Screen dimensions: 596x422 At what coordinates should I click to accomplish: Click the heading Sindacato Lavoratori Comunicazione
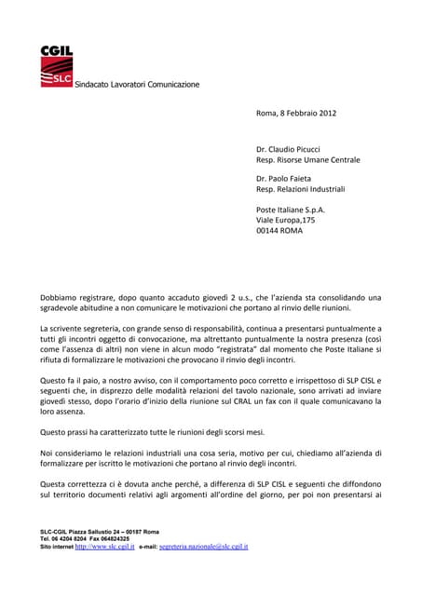click(137, 85)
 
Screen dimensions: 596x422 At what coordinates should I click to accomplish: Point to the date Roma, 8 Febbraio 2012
click(295, 115)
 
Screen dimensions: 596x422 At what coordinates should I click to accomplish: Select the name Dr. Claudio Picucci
click(296, 149)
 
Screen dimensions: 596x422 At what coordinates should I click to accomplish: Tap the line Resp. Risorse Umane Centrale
click(307, 160)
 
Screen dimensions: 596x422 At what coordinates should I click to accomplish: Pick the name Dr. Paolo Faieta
click(291, 177)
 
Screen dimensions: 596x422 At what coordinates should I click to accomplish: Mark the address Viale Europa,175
click(285, 221)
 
